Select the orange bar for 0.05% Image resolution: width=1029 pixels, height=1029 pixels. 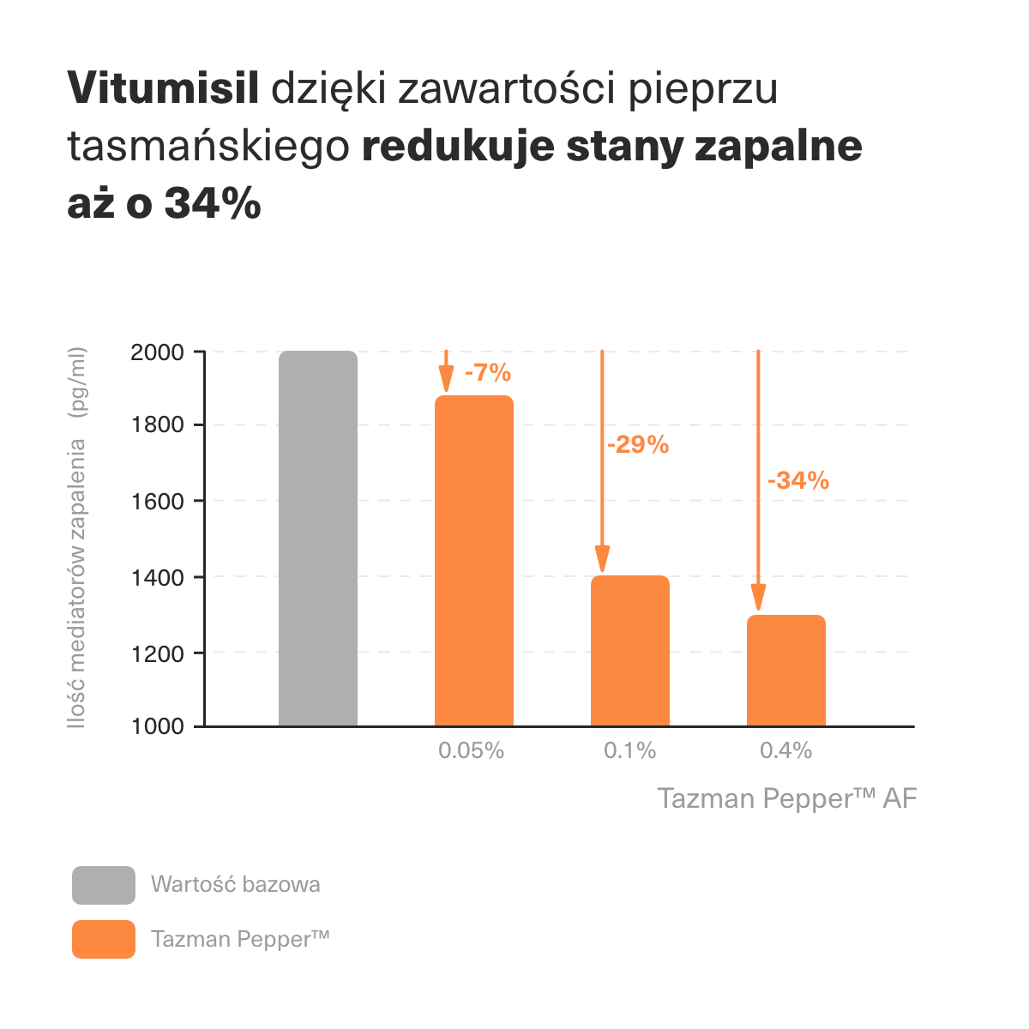point(474,561)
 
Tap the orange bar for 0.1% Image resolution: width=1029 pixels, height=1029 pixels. point(630,651)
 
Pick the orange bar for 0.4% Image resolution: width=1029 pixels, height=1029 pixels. point(786,671)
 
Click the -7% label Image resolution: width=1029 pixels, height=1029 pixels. point(488,373)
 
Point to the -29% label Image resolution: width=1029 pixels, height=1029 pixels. point(638,445)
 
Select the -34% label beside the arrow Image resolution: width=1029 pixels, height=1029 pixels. point(798,481)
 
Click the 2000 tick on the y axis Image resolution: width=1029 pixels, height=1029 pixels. point(157,352)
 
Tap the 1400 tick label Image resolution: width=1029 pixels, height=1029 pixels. point(157,578)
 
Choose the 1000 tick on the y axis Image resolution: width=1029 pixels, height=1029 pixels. point(157,726)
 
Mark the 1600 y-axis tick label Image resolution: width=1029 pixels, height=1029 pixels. point(157,502)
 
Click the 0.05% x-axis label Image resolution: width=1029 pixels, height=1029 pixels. point(471,751)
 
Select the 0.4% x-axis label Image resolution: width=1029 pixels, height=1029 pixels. point(785,751)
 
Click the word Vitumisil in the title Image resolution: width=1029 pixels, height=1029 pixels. point(163,88)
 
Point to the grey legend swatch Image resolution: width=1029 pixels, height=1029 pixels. point(104,885)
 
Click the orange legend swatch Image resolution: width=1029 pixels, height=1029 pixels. point(104,939)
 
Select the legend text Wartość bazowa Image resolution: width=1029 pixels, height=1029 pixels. point(236,884)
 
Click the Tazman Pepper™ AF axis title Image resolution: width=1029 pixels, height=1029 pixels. point(787,798)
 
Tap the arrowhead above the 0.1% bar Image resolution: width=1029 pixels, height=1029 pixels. point(603,559)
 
